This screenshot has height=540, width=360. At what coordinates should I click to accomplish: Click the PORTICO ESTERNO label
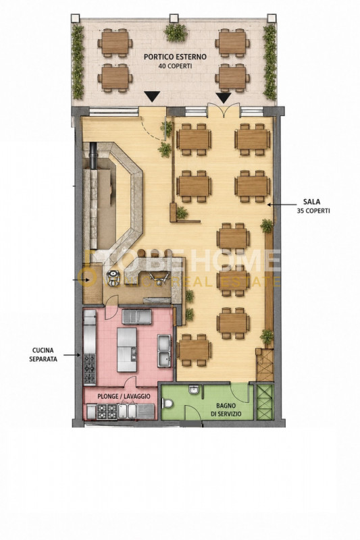[x=175, y=57]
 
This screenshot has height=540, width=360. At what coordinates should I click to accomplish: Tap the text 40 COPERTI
[x=175, y=65]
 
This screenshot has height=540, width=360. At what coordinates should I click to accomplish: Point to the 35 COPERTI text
[x=313, y=211]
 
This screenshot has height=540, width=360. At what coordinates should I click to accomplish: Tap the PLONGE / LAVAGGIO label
[x=124, y=396]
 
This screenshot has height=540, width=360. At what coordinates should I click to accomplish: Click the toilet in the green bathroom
[x=168, y=402]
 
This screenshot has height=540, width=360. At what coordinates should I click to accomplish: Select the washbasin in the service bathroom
[x=193, y=389]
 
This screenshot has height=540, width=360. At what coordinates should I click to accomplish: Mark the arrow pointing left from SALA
[x=278, y=205]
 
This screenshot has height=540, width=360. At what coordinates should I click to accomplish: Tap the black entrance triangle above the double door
[x=224, y=98]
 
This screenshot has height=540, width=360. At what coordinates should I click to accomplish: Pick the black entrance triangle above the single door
[x=152, y=97]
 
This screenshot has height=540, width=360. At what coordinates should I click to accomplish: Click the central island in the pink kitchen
[x=127, y=350]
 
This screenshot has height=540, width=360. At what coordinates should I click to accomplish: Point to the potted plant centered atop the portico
[x=176, y=32]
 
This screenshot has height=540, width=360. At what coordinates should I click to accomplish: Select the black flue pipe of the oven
[x=94, y=155]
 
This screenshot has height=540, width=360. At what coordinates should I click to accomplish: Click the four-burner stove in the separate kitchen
[x=90, y=369]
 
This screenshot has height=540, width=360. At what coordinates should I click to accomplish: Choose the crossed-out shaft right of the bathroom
[x=265, y=402]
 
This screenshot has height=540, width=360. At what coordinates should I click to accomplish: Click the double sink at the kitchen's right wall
[x=164, y=350]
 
